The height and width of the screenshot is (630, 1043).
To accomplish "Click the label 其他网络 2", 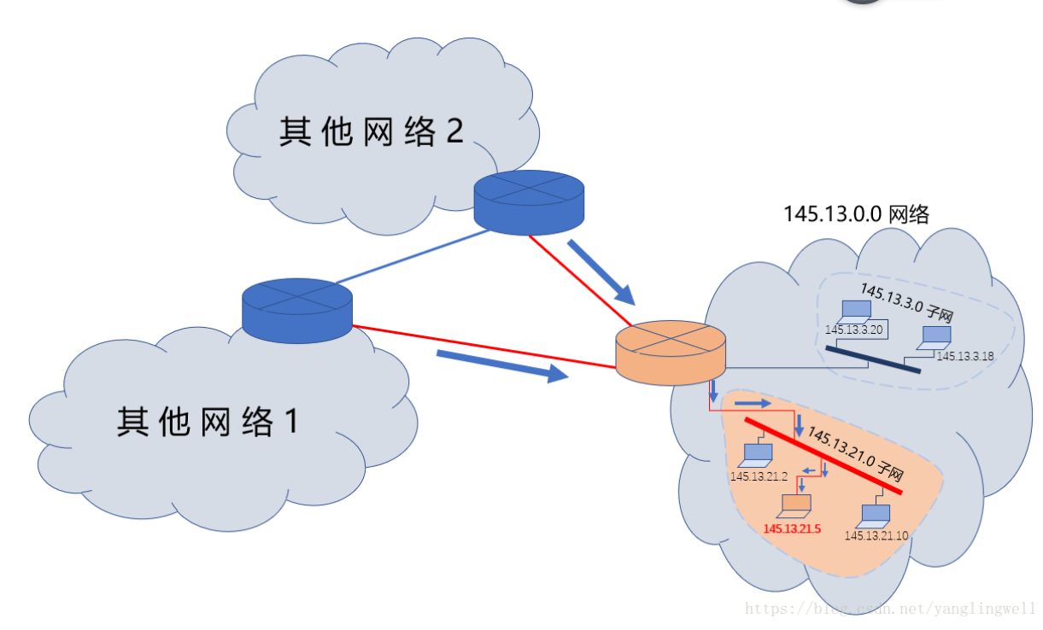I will [371, 131].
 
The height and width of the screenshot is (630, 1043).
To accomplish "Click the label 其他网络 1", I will [208, 422].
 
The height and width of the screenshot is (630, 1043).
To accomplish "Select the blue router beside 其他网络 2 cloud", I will [530, 201].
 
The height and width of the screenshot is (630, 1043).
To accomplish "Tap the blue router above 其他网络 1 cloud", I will [296, 308].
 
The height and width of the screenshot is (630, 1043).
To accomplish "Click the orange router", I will [671, 353].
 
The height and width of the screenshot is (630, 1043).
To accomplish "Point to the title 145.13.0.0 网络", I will [856, 214].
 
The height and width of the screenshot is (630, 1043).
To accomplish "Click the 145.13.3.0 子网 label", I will [906, 303].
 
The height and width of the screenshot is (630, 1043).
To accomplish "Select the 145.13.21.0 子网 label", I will [855, 454].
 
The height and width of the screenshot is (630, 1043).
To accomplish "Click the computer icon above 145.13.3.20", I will [853, 312].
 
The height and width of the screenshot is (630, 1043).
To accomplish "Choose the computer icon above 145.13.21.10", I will [875, 515].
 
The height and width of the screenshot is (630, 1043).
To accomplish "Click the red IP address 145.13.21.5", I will [791, 528].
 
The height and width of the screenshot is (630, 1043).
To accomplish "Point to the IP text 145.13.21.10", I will [876, 535].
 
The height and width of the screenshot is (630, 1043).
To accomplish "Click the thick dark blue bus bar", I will [871, 359].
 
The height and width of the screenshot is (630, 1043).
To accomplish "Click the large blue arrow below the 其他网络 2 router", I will [601, 272].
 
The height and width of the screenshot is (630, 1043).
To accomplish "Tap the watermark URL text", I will [889, 610].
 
